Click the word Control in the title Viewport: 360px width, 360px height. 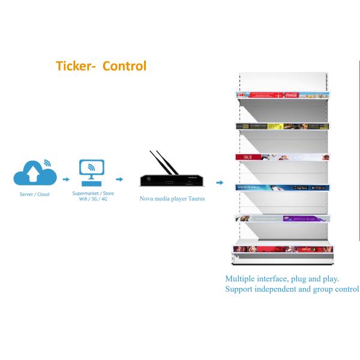(124, 65)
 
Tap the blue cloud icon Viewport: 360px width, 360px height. (35, 175)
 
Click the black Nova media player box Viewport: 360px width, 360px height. (169, 179)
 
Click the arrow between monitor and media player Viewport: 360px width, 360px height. (121, 178)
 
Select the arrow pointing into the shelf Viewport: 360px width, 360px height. (220, 182)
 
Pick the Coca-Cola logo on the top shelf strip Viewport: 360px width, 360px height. (292, 95)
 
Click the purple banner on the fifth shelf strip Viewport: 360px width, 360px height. (296, 218)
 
